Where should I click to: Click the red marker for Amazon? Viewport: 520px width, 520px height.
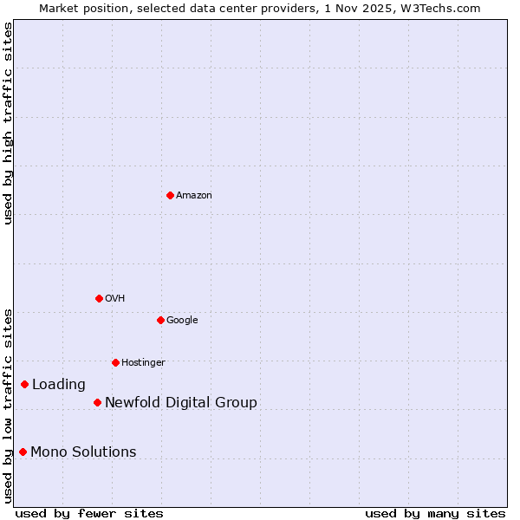tap(170, 195)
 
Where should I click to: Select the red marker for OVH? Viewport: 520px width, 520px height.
tap(99, 298)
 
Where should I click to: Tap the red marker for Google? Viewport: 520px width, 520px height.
tap(160, 320)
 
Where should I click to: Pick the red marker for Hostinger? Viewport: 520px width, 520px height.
tap(115, 362)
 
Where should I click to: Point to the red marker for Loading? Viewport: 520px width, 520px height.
tap(24, 384)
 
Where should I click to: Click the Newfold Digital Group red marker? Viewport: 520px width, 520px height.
tap(97, 402)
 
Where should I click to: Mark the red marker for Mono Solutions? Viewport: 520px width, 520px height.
tap(23, 452)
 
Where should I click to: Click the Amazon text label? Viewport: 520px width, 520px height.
tap(194, 195)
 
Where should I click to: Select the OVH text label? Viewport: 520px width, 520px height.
tap(115, 298)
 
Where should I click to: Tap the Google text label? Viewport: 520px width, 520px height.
tap(182, 320)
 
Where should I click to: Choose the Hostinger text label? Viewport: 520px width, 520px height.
tap(143, 362)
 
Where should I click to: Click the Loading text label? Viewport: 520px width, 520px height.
tap(59, 384)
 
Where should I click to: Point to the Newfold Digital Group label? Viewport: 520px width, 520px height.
tap(181, 402)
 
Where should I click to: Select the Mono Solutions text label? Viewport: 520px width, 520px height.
tap(83, 452)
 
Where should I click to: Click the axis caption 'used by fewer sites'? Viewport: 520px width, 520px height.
tap(89, 513)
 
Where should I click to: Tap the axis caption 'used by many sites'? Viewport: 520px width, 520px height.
tap(435, 513)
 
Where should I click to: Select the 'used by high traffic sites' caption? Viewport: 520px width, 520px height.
tap(8, 123)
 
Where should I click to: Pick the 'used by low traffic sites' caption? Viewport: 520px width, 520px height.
tap(8, 405)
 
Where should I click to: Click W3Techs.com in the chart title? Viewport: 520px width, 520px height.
tap(445, 8)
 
